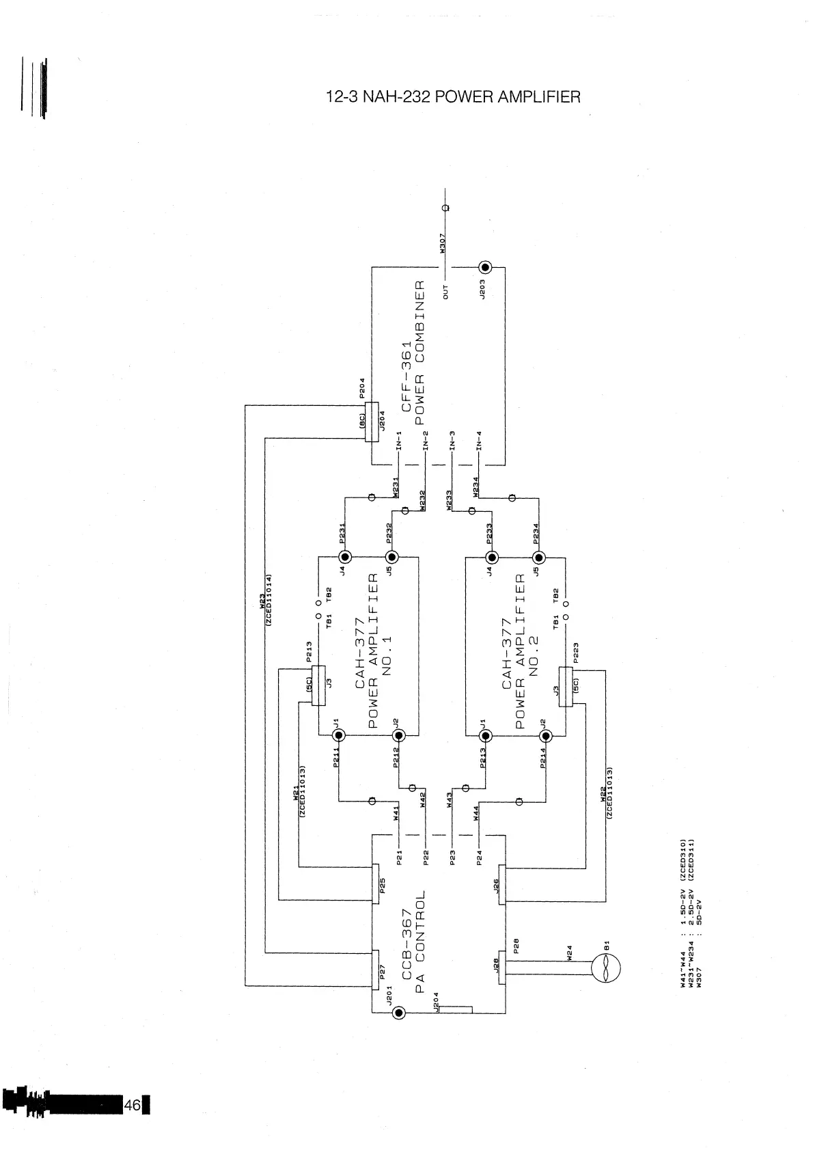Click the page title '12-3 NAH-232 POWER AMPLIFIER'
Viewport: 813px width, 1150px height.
click(x=454, y=97)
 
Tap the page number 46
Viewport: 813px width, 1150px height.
click(x=133, y=1105)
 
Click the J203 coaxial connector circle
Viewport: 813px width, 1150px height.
click(x=486, y=267)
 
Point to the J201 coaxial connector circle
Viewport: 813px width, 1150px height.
click(x=400, y=1013)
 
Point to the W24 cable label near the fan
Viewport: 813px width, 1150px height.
click(x=569, y=954)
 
